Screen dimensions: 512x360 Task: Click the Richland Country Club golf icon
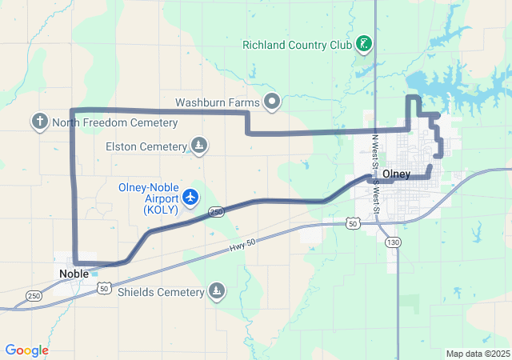363,43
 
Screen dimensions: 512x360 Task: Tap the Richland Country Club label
297,44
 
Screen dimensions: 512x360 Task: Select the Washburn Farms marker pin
272,102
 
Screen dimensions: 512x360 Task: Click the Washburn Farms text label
218,102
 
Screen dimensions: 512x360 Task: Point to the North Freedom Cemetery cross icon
39,122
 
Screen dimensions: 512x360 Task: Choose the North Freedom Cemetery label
114,122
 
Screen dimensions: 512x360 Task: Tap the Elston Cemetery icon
200,146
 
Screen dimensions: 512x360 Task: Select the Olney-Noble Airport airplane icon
190,196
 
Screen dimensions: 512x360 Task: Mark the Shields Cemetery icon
216,291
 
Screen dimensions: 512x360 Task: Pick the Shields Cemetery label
161,292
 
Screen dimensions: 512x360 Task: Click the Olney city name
397,174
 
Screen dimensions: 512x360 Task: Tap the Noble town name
74,273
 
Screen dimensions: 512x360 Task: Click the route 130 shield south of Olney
392,242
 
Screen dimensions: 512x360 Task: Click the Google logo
26,350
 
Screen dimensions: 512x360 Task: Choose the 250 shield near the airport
216,211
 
